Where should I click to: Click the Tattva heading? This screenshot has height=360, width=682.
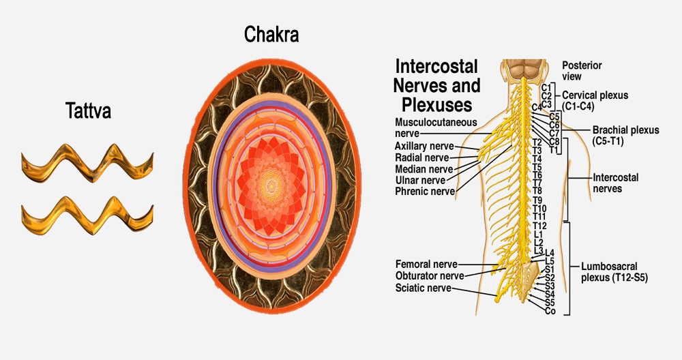88,110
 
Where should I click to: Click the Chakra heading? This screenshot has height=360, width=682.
271,34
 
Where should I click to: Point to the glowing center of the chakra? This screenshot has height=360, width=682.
271,186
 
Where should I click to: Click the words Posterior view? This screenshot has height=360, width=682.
582,71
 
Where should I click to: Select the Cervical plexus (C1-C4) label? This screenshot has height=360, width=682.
595,100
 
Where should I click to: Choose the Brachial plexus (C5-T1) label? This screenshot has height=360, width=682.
625,135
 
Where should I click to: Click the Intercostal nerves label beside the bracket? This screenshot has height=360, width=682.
615,183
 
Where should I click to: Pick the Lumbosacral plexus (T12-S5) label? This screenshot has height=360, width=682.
614,272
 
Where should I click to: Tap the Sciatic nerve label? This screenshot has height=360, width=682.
424,288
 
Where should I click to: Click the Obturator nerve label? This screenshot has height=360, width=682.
430,275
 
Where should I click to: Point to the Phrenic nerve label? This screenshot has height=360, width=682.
425,192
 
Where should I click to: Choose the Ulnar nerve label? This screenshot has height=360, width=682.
420,181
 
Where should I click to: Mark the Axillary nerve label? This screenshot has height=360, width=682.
424,146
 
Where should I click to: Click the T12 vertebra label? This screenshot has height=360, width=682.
539,226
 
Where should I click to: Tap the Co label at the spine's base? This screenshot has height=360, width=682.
550,311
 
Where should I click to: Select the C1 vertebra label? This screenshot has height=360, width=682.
546,88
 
